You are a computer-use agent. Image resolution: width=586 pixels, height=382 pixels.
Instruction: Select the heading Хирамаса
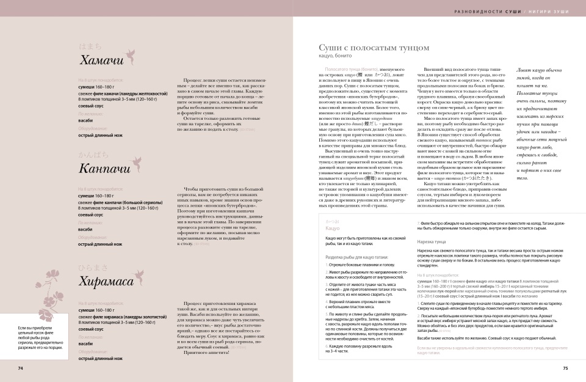[x=106, y=281]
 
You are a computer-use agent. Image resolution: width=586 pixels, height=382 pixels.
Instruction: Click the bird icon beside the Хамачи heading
[x=131, y=51]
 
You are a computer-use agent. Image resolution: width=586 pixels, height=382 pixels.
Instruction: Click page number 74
[x=20, y=368]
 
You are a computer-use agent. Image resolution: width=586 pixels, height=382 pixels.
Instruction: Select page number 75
[x=565, y=368]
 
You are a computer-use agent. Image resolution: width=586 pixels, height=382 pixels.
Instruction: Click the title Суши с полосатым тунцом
[x=371, y=48]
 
